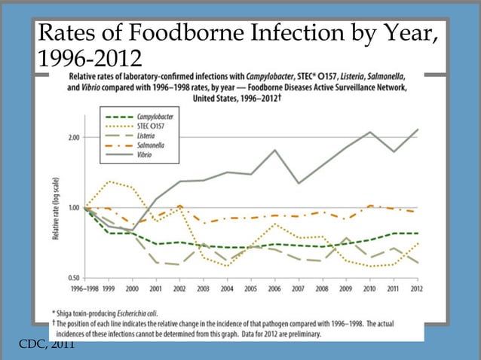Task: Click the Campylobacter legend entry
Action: (x=155, y=117)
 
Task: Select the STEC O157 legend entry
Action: (x=152, y=127)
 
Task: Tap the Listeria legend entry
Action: (x=146, y=136)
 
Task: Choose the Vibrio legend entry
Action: (x=145, y=154)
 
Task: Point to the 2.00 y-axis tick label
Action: (x=72, y=138)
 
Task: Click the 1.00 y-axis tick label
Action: (x=72, y=208)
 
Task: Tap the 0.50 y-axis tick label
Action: (x=72, y=278)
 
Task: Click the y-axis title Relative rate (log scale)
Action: (x=56, y=208)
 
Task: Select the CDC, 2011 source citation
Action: (x=47, y=345)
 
